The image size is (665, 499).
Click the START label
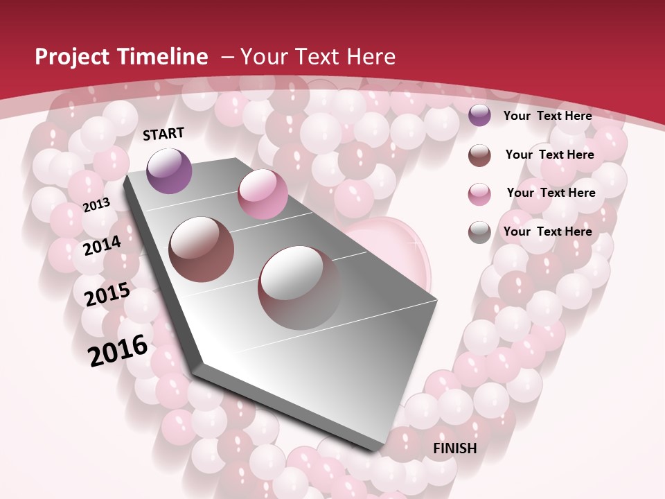[163, 134]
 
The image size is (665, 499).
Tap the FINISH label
[454, 448]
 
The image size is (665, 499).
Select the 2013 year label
[96, 204]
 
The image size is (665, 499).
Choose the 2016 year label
[118, 350]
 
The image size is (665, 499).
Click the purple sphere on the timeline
[170, 170]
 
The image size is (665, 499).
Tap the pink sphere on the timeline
[263, 194]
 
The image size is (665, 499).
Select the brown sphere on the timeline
[202, 249]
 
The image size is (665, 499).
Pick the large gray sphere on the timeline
[299, 287]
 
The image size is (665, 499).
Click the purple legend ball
[479, 115]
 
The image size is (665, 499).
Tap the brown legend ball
[479, 155]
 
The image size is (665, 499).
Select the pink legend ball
[479, 193]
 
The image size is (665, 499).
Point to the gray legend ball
[479, 232]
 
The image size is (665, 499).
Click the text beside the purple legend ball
[547, 116]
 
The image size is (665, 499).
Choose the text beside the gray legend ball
[547, 231]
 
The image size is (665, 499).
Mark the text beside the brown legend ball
[549, 155]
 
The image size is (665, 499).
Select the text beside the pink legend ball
[551, 193]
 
